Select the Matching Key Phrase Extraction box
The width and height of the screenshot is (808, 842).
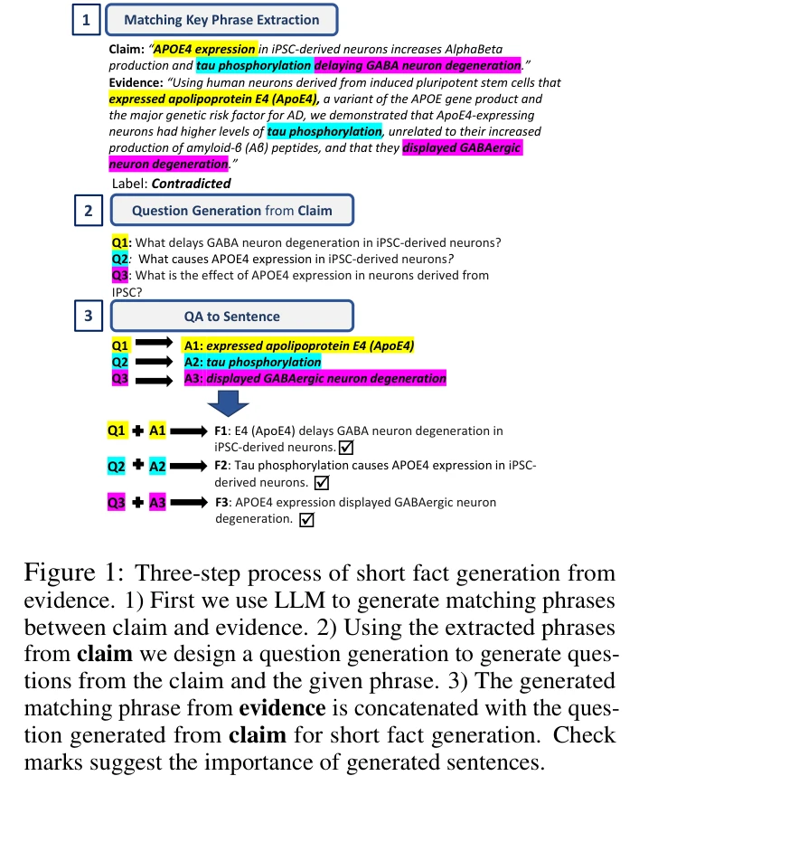[x=221, y=20]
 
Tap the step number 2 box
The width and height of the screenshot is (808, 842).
[x=88, y=211]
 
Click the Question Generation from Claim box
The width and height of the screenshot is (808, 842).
[x=231, y=211]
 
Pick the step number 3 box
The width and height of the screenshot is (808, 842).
[x=88, y=317]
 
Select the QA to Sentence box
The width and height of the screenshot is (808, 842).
[x=231, y=317]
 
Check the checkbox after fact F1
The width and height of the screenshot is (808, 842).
[x=345, y=448]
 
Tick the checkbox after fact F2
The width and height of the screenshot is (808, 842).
[x=320, y=483]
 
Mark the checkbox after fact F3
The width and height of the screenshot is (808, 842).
[x=306, y=519]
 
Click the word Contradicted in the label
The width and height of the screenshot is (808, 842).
[x=191, y=184]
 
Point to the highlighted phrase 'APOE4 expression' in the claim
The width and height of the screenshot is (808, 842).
[x=205, y=49]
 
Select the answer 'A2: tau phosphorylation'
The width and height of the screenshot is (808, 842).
[x=252, y=362]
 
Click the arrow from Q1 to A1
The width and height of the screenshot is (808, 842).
[x=154, y=345]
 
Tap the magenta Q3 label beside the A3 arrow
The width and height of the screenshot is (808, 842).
[x=120, y=378]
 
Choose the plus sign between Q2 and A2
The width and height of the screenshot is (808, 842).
[x=138, y=466]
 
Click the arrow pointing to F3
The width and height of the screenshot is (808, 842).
[x=190, y=502]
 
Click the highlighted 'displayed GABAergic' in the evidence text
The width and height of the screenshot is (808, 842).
[x=462, y=148]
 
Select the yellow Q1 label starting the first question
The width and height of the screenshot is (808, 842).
[x=121, y=242]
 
